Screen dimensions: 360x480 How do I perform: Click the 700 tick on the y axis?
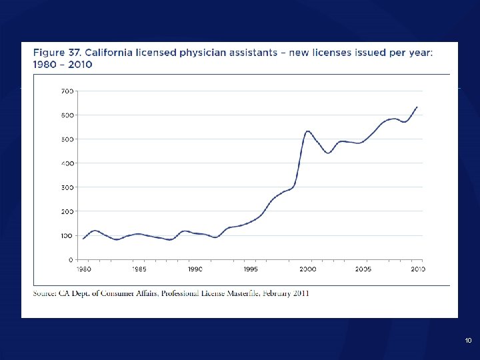click(68, 91)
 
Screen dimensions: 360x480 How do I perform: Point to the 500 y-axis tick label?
click(68, 139)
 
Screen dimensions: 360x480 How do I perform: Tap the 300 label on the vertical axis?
click(68, 187)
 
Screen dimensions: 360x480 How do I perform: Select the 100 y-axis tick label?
click(68, 235)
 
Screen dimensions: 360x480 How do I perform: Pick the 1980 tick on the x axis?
click(83, 269)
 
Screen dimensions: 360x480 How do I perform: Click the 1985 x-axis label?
click(139, 269)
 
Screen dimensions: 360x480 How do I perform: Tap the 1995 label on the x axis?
click(251, 269)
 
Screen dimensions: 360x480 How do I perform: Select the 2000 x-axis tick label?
click(307, 269)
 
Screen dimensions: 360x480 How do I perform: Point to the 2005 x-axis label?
click(363, 269)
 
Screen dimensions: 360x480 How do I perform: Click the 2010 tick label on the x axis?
click(417, 269)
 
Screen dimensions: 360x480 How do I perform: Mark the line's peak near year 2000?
click(308, 131)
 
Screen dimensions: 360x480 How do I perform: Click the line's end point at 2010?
click(417, 107)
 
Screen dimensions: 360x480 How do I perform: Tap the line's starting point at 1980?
click(83, 238)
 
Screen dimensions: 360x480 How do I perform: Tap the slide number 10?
click(469, 341)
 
